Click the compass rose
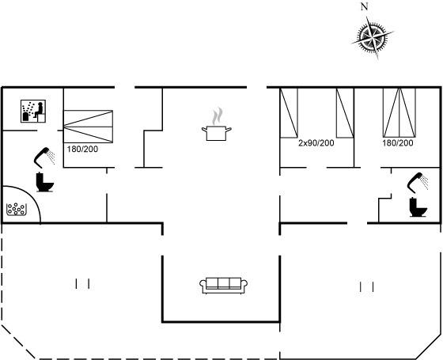[373, 37]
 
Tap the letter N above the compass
[365, 6]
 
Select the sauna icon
[33, 111]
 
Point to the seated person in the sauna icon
[39, 110]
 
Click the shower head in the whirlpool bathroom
[44, 157]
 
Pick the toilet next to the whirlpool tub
[44, 182]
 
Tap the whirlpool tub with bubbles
[17, 209]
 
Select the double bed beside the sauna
[88, 127]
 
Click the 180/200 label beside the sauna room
[82, 149]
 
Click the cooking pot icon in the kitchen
[217, 133]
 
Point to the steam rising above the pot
[218, 116]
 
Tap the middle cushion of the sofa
[223, 283]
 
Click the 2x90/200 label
[316, 143]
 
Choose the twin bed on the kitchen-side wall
[289, 113]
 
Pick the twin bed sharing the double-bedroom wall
[345, 113]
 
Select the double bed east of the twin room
[399, 112]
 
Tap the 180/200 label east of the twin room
[398, 143]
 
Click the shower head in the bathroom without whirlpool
[418, 182]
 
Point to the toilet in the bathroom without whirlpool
[418, 207]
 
